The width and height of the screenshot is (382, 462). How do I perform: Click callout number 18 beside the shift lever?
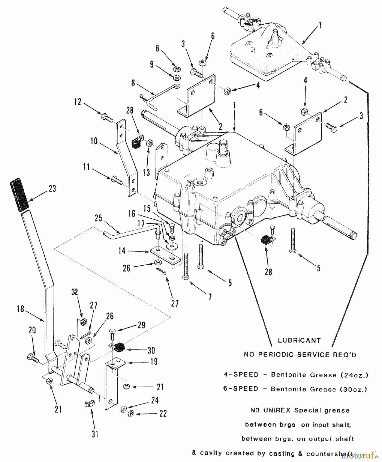(x=21, y=309)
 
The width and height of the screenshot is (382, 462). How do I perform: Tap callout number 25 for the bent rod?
(x=98, y=218)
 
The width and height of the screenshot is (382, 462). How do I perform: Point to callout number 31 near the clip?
(x=95, y=435)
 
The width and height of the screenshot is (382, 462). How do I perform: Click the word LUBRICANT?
(x=299, y=340)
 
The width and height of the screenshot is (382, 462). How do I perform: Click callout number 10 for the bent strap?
(x=94, y=141)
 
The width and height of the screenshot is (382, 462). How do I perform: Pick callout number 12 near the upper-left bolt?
(x=78, y=102)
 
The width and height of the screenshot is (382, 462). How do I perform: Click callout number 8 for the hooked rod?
(x=133, y=83)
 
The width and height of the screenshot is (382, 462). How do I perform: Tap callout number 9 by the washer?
(x=152, y=64)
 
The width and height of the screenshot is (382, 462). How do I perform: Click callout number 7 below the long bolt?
(x=210, y=297)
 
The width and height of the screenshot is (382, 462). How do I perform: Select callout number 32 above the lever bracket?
(x=75, y=292)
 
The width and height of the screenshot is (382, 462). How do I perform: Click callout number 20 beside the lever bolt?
(x=32, y=331)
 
